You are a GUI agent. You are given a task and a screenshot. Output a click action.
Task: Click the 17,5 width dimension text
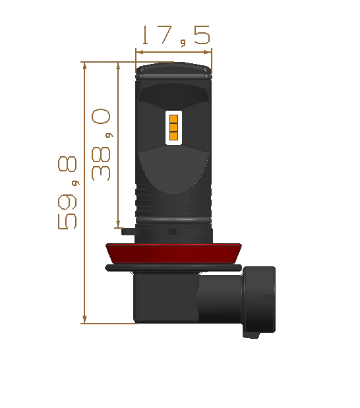coord(176,36)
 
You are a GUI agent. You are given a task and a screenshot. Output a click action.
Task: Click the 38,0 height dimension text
coord(102,144)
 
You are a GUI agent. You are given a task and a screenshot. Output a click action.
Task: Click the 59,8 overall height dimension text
coord(68,192)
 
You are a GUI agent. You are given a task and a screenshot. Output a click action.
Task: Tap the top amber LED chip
coord(173,119)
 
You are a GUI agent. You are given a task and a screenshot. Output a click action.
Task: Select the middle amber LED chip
coord(173,127)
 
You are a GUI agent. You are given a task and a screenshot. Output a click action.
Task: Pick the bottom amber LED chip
coord(173,136)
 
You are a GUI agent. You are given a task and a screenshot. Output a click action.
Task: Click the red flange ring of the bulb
coord(173,254)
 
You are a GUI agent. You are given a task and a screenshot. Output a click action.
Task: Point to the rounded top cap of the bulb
coord(173,71)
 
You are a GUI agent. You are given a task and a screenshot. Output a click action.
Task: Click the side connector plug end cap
coord(259,301)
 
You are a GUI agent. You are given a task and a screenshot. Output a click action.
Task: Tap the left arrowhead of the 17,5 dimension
coord(140,52)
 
